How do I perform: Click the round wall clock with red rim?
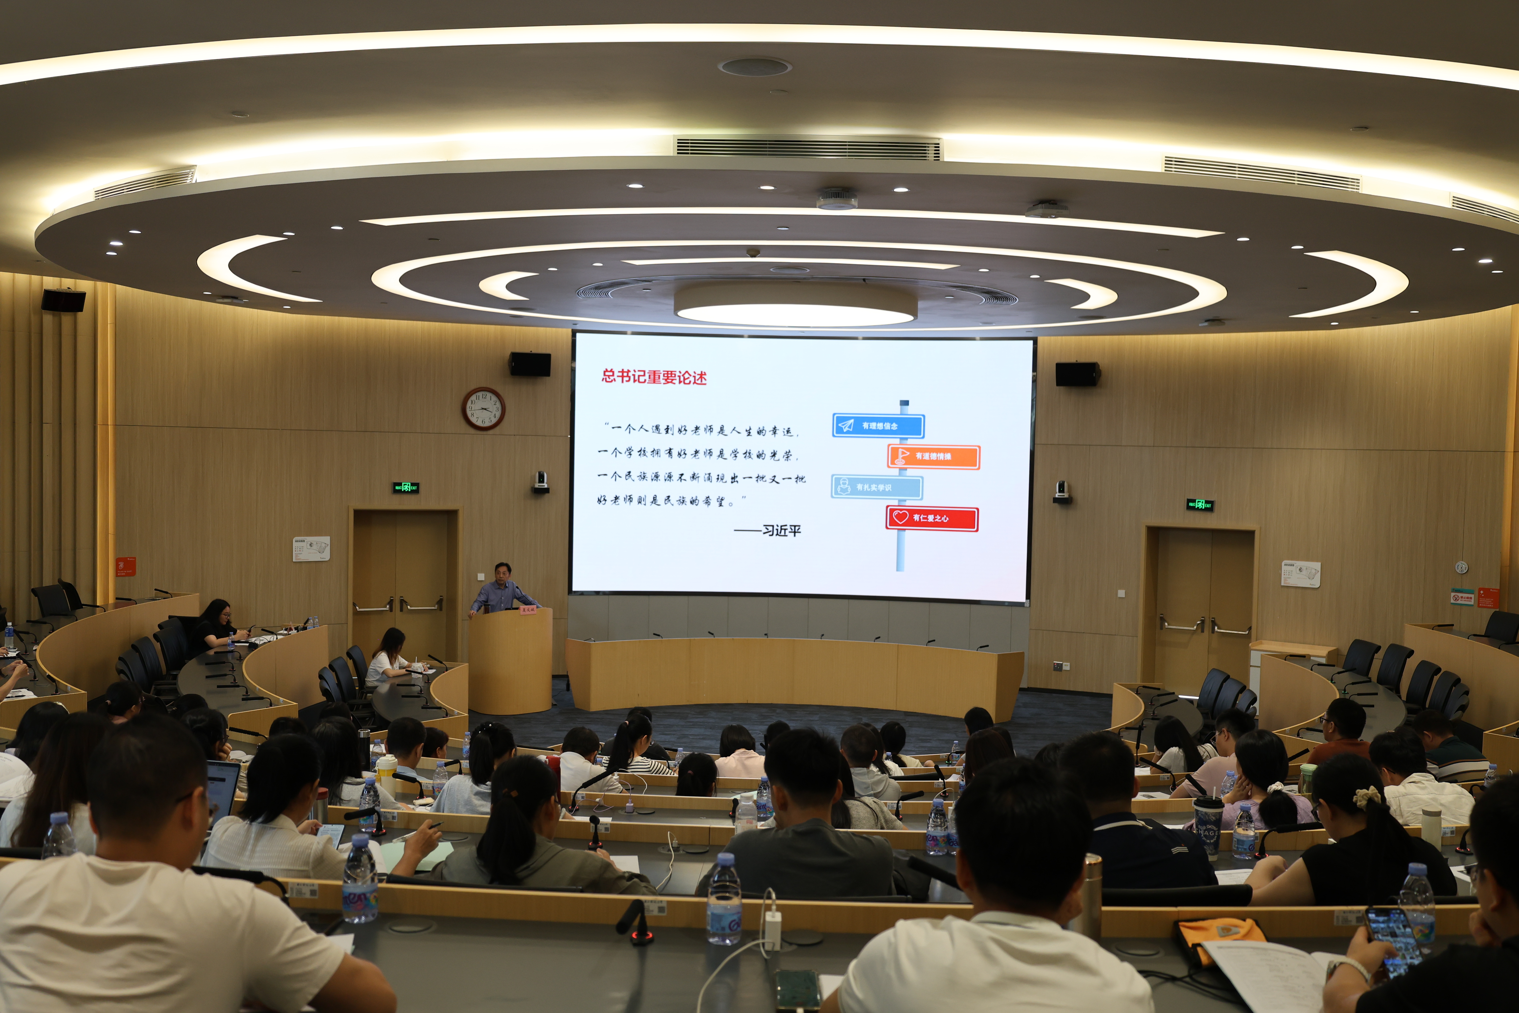click(x=483, y=408)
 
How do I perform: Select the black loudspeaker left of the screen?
click(x=530, y=364)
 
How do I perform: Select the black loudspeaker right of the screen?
click(x=1077, y=374)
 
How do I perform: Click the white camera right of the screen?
click(x=1061, y=491)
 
